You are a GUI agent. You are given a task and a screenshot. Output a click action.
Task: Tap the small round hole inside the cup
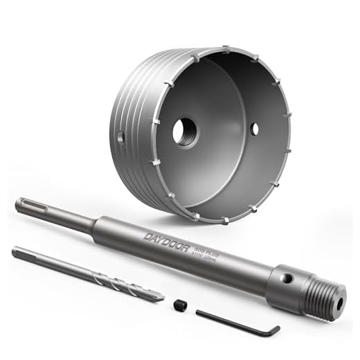255,128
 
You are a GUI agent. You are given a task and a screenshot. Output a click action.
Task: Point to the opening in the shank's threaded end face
341,302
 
